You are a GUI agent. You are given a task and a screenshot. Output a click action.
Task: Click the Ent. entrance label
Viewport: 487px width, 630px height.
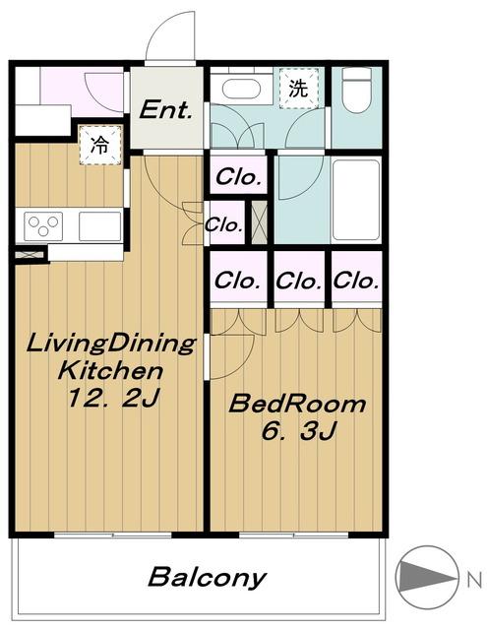pyautogui.click(x=166, y=109)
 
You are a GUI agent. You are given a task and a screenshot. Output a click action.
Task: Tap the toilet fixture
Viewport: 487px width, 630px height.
pyautogui.click(x=356, y=90)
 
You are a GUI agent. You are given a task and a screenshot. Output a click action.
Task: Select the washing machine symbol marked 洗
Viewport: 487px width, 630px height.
pyautogui.click(x=299, y=89)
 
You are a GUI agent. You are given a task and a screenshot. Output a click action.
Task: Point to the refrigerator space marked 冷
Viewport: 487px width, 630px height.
pyautogui.click(x=100, y=145)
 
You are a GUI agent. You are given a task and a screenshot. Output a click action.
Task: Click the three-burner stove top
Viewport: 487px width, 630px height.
pyautogui.click(x=43, y=226)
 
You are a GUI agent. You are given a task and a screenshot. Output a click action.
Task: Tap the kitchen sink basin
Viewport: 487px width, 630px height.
pyautogui.click(x=100, y=226)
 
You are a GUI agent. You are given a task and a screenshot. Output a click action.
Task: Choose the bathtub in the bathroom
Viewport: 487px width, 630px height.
pyautogui.click(x=356, y=200)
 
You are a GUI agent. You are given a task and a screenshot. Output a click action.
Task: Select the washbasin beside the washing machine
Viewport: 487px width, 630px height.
pyautogui.click(x=242, y=88)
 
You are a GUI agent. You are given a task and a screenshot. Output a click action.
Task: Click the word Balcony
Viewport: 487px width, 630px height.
pyautogui.click(x=207, y=578)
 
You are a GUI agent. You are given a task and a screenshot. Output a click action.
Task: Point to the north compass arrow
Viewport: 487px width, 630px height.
pyautogui.click(x=427, y=577)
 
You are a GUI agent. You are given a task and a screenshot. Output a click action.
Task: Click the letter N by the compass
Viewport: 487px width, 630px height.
pyautogui.click(x=474, y=580)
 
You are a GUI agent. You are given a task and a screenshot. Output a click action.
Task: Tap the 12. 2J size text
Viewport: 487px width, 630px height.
pyautogui.click(x=114, y=398)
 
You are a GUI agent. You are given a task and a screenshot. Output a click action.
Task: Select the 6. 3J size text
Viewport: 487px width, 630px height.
pyautogui.click(x=298, y=430)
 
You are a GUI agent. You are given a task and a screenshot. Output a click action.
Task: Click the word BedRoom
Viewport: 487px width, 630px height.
pyautogui.click(x=297, y=404)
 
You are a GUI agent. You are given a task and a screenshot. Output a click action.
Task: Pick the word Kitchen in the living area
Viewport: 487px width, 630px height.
pyautogui.click(x=110, y=370)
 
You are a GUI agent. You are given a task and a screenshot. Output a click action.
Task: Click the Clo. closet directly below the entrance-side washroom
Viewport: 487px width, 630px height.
pyautogui.click(x=238, y=177)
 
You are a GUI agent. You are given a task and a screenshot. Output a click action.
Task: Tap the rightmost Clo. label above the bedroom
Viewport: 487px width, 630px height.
pyautogui.click(x=356, y=281)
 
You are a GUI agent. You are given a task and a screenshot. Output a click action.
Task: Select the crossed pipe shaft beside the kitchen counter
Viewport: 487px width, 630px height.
pyautogui.click(x=29, y=254)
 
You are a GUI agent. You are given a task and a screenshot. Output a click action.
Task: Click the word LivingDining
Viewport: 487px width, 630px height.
pyautogui.click(x=111, y=345)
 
